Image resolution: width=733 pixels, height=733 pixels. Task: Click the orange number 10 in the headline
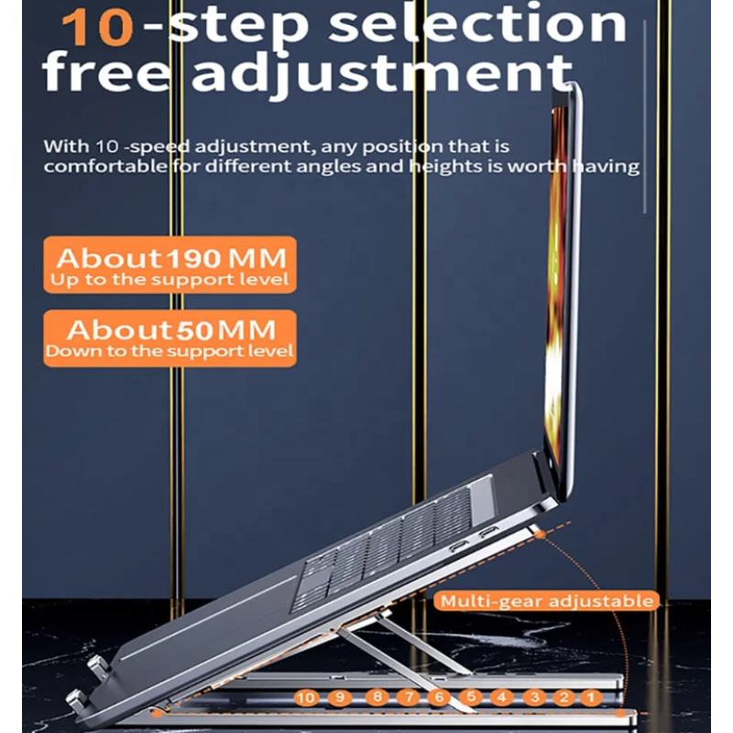pos(98,28)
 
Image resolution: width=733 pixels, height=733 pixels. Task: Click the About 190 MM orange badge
pos(170,265)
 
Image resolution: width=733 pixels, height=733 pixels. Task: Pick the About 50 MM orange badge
pos(170,338)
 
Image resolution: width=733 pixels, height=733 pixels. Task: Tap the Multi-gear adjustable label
pos(547,601)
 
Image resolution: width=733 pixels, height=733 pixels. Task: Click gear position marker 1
pos(591,697)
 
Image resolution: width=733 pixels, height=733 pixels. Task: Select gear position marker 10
pos(306,697)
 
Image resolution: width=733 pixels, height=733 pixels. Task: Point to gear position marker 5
pos(471,697)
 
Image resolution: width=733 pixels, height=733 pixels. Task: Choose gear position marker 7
pos(408,697)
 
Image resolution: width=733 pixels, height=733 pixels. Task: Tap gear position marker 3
pos(534,697)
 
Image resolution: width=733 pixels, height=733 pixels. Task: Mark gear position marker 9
pos(339,697)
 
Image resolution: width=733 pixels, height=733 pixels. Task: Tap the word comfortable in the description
pos(105,167)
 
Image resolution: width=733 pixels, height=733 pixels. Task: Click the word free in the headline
pos(106,72)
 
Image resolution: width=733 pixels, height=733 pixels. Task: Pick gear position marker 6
pos(439,697)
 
